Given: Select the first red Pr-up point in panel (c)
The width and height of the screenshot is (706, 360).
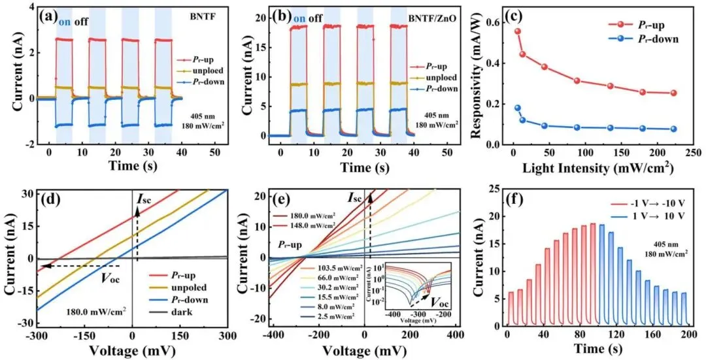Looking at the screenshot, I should coord(518,31).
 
